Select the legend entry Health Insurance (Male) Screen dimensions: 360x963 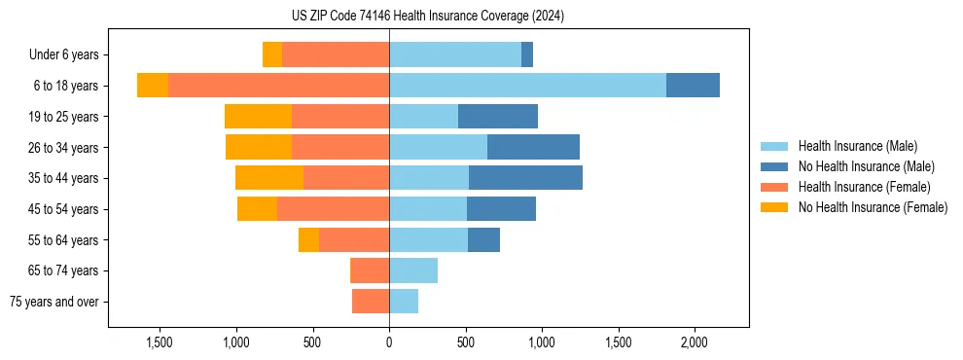point(857,146)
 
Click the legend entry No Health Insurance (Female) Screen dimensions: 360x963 point(873,207)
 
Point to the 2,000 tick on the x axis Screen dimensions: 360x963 point(694,342)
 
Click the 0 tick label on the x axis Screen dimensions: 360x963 point(389,342)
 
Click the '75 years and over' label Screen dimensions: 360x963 point(54,302)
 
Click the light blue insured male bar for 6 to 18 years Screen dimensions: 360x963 point(527,86)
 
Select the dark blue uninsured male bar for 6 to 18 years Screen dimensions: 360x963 point(693,86)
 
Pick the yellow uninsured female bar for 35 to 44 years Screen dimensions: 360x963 point(269,178)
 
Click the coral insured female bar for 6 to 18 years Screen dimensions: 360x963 point(278,86)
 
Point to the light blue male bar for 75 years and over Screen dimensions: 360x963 point(404,302)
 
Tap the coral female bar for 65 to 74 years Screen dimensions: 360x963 point(370,270)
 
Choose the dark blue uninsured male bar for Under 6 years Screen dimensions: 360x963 point(527,55)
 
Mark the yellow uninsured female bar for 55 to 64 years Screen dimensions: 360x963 point(308,240)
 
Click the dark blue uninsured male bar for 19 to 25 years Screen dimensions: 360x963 point(498,117)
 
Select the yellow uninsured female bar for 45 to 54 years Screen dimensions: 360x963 point(257,209)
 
